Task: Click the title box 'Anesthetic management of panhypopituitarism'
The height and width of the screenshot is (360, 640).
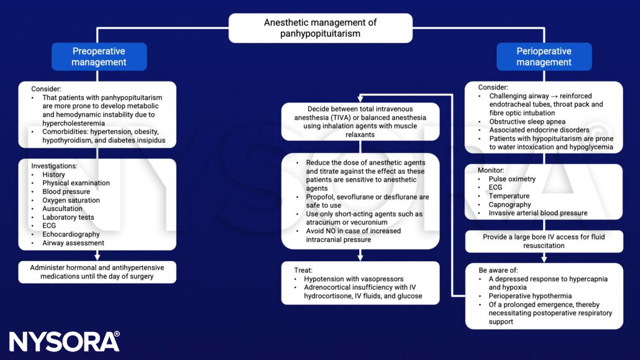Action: (320, 28)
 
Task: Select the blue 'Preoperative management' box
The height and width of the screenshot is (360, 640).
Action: (99, 57)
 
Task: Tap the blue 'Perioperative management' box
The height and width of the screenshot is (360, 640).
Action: (544, 57)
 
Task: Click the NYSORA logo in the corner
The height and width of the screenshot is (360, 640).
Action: (64, 342)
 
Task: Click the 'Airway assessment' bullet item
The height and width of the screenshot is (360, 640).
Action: (73, 243)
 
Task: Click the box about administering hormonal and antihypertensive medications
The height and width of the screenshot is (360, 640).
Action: (97, 272)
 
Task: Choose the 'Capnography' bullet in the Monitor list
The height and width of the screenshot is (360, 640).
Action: (510, 205)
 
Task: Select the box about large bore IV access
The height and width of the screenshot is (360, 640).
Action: (544, 241)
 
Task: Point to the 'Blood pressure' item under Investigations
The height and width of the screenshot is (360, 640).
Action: (66, 192)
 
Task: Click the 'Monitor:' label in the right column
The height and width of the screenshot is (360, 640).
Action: (491, 170)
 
